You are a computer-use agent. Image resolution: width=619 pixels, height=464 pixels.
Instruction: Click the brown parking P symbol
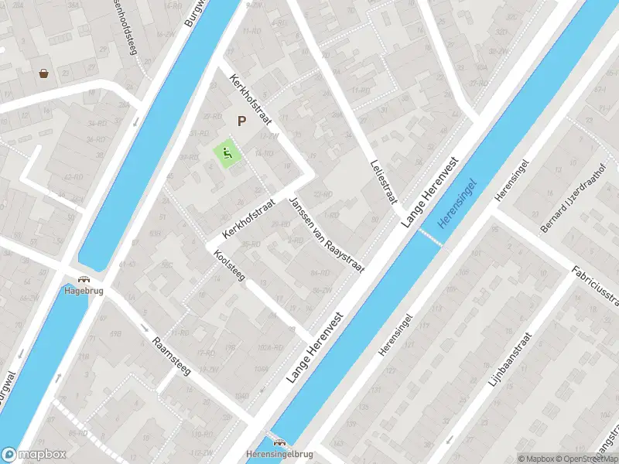coord(241,121)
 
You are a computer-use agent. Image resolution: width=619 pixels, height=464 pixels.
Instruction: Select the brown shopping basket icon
coord(45,73)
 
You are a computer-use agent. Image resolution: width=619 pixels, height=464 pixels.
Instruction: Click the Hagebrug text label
coord(83,292)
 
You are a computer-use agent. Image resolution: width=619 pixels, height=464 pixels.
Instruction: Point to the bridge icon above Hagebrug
coord(83,281)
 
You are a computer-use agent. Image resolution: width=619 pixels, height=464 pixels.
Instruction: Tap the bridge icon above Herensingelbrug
coord(278,443)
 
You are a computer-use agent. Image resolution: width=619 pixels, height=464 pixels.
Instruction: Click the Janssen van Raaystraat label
coord(326,234)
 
